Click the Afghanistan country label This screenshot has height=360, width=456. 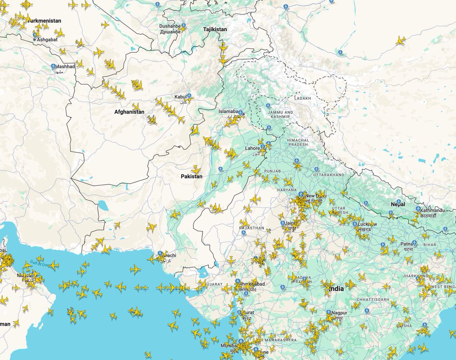[x=129, y=112]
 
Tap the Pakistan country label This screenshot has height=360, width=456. [x=192, y=177]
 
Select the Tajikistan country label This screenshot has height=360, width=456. [x=215, y=29]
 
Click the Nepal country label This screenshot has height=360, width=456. [x=398, y=204]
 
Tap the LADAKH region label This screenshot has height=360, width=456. [x=302, y=98]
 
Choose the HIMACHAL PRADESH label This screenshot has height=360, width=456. [x=298, y=142]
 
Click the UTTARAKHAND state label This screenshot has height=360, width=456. [x=329, y=175]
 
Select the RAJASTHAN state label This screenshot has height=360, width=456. [x=252, y=228]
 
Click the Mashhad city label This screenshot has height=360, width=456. [x=65, y=66]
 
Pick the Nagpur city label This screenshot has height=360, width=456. [x=339, y=313]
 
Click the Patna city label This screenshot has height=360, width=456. [x=408, y=243]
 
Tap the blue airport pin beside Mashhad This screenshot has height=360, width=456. [x=54, y=66]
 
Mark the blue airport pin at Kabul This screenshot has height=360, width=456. [x=189, y=96]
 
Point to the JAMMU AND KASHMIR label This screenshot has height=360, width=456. [x=280, y=115]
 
